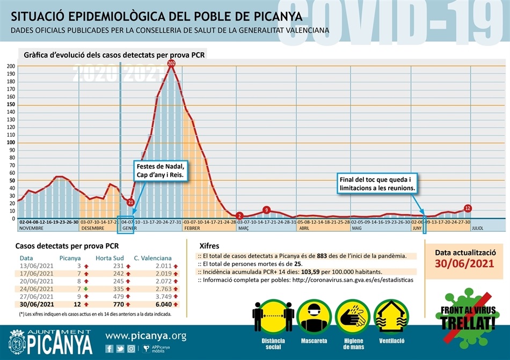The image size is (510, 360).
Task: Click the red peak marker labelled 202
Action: pos(171,64)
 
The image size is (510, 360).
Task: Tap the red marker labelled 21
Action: pos(130,202)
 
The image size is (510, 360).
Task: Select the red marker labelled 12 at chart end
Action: pos(467,208)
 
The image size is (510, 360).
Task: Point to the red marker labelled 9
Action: pos(266,210)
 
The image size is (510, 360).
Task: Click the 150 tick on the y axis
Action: pos(11,105)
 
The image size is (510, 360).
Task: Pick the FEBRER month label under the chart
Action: pos(192,228)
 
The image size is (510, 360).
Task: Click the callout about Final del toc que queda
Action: pos(378,183)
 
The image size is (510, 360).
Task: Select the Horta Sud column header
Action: pos(111,258)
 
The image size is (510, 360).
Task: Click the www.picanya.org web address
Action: pos(145,336)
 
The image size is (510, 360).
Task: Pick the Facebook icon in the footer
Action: pos(110,349)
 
